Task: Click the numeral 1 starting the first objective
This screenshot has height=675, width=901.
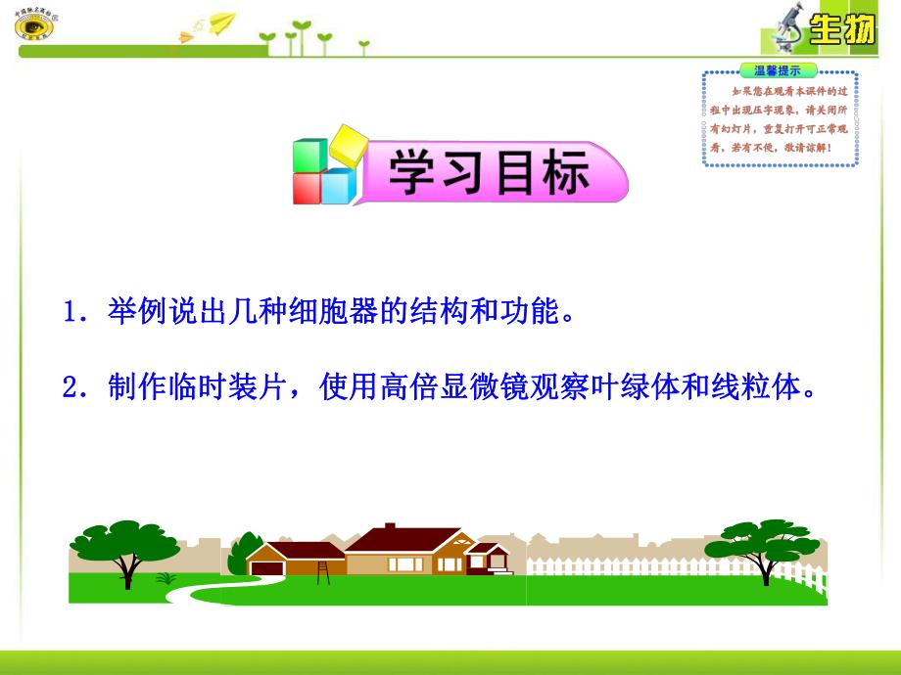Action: (x=70, y=315)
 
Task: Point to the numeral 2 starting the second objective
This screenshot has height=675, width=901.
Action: (x=70, y=388)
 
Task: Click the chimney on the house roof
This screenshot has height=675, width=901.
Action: (x=389, y=529)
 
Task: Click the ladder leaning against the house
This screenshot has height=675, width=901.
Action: (x=323, y=570)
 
